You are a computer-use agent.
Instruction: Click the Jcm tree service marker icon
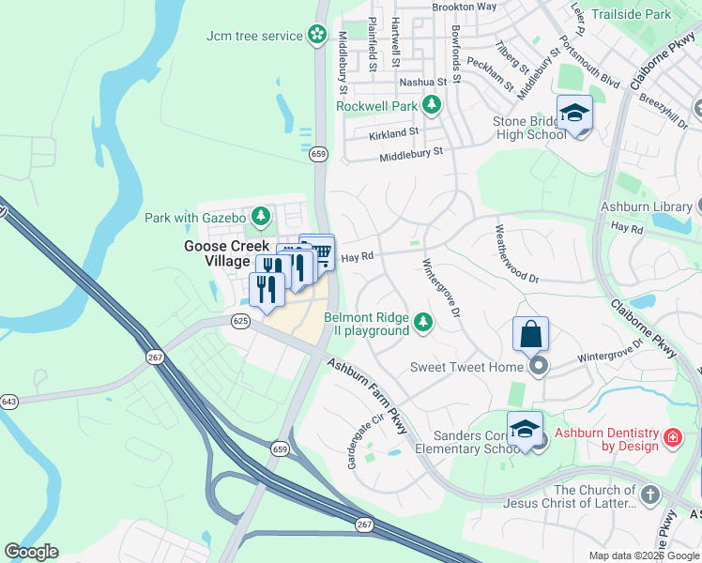[x=318, y=36]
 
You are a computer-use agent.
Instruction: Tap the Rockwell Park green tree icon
[x=432, y=105]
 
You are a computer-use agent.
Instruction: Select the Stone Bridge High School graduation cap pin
[x=574, y=114]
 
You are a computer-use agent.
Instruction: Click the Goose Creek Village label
[x=218, y=253]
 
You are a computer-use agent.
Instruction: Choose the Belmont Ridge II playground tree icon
[x=424, y=324]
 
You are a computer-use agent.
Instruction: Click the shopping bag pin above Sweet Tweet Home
[x=530, y=334]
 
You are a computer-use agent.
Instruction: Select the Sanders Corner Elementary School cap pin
[x=525, y=429]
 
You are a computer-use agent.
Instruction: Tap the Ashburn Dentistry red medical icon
[x=672, y=437]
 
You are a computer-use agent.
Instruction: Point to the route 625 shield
[x=240, y=321]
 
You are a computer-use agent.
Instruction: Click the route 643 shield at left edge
[x=9, y=402]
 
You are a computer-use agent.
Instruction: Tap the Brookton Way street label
[x=464, y=7]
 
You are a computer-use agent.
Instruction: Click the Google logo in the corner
[x=31, y=552]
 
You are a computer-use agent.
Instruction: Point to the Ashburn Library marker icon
[x=699, y=206]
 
